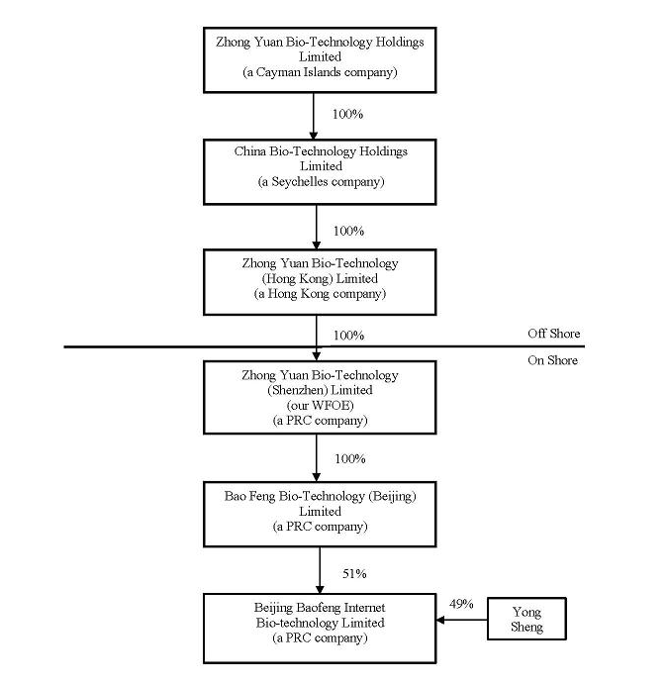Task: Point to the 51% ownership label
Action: coord(354,573)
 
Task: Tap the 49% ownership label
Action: coord(461,604)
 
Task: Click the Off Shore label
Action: coord(554,334)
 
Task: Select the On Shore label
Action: coord(552,360)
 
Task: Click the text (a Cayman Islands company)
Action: coord(320,72)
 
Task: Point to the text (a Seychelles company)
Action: coord(321,182)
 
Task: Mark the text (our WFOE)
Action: coord(321,406)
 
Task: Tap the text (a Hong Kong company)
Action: coord(321,294)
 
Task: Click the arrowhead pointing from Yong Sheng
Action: coord(440,620)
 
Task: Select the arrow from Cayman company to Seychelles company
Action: coord(313,116)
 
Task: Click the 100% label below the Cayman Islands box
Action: coord(347,114)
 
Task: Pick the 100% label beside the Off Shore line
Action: coord(348,335)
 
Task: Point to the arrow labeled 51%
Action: coord(320,570)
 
